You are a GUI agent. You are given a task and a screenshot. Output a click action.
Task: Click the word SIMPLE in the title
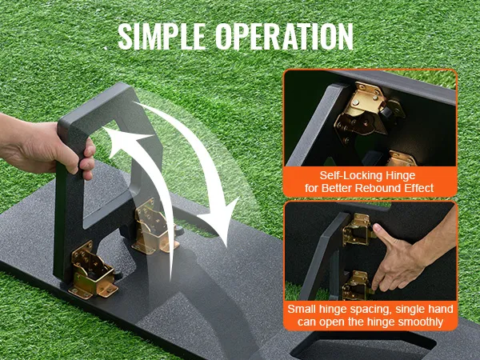click(x=162, y=37)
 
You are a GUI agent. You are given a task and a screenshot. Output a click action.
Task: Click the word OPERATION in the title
click(x=284, y=37)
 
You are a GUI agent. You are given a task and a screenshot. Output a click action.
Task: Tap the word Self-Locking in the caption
click(x=348, y=176)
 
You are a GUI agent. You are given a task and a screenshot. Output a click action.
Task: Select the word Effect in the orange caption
click(x=418, y=188)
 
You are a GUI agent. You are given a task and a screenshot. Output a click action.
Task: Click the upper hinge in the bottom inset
click(x=358, y=230)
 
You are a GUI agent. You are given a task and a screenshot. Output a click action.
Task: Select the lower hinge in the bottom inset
click(x=357, y=286)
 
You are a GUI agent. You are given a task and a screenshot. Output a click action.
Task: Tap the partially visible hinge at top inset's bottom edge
click(x=402, y=158)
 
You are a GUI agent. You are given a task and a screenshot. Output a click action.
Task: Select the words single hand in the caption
click(x=424, y=309)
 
